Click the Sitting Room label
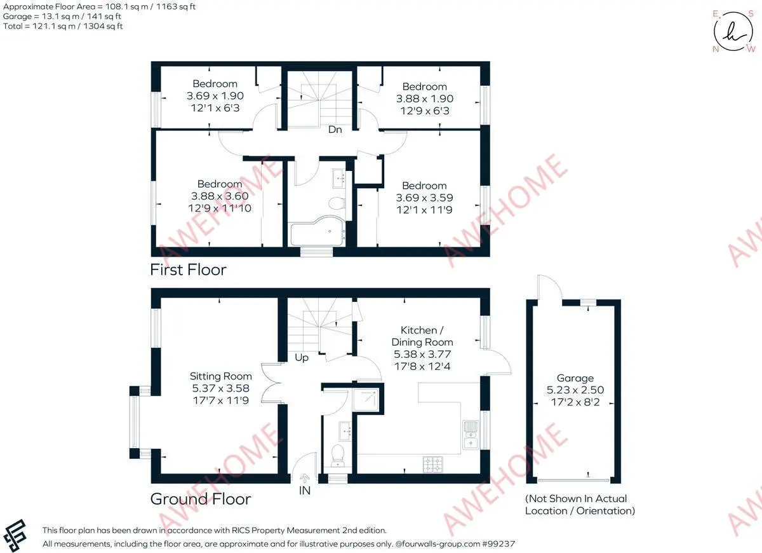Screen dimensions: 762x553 [x=221, y=376]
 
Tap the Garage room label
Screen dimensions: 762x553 [x=575, y=378]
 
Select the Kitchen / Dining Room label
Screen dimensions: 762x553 [x=422, y=336]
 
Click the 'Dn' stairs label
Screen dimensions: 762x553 [x=335, y=130]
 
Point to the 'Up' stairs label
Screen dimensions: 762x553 [x=302, y=357]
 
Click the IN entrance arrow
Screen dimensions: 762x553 [x=305, y=478]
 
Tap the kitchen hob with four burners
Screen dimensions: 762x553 [x=433, y=465]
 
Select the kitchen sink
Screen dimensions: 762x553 [x=471, y=435]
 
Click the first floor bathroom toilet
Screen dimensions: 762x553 [x=337, y=203]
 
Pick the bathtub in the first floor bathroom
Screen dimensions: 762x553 [x=317, y=231]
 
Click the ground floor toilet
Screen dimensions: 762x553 [x=338, y=456]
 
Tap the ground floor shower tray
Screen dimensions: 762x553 [x=366, y=400]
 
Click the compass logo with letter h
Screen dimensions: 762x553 [x=733, y=32]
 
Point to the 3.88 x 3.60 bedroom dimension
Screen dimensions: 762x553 [x=220, y=196]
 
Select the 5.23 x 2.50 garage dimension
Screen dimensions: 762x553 [x=575, y=390]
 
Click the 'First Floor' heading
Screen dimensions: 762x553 [x=188, y=270]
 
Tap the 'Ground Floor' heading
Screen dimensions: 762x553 [x=201, y=499]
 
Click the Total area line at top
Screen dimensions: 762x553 [x=63, y=26]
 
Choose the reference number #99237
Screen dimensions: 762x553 [x=498, y=544]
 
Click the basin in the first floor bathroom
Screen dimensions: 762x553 [x=338, y=177]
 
